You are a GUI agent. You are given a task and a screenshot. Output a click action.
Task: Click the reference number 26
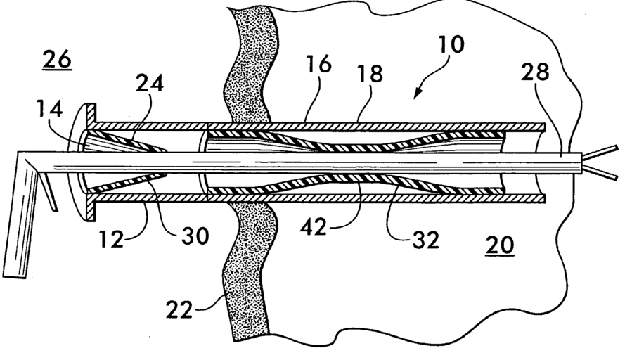56,60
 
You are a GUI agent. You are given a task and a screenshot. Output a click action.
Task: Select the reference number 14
52,110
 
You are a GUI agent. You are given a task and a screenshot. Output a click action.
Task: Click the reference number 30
195,236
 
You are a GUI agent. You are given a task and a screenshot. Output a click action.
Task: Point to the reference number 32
424,239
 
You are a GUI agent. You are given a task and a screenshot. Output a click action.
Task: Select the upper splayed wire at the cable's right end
603,150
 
